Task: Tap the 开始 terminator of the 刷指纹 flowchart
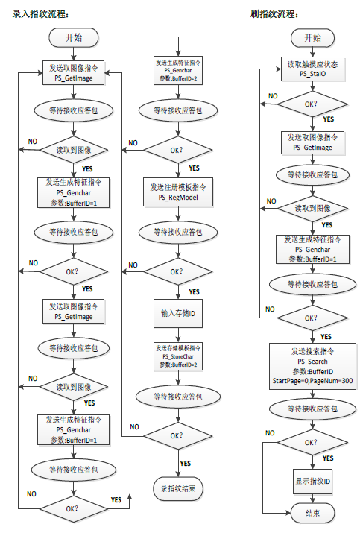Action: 313,38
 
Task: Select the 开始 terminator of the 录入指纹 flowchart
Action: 73,37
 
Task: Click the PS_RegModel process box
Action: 177,190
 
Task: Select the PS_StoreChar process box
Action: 177,356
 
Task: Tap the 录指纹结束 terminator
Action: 177,488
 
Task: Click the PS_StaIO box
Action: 313,69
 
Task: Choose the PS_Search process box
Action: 313,366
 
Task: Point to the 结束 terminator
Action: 313,513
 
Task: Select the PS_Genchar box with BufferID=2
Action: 177,70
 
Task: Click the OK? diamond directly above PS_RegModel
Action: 177,150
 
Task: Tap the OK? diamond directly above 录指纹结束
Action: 177,435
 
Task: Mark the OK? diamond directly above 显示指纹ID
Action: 313,443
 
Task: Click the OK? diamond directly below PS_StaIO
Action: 313,104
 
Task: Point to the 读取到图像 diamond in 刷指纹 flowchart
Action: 313,208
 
